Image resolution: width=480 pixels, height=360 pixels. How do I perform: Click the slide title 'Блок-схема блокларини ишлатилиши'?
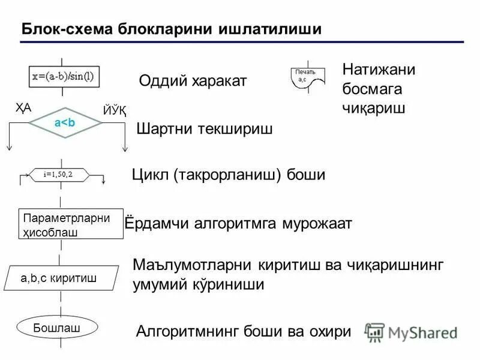(171, 29)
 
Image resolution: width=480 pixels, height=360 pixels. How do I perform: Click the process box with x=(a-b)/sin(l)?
(66, 76)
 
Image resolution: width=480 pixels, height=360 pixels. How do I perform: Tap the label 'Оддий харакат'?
(193, 81)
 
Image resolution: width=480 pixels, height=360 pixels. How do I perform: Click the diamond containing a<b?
(65, 124)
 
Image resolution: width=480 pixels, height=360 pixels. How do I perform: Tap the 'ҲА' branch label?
(23, 108)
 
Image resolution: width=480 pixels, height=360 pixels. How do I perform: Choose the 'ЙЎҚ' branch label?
(115, 110)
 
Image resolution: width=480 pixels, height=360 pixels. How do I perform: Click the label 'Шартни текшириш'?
(205, 128)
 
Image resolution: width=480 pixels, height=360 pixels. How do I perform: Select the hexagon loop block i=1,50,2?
(59, 175)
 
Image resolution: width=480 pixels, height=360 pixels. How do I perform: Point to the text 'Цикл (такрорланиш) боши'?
(228, 175)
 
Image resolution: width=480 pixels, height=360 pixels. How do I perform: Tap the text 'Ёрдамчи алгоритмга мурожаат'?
(238, 224)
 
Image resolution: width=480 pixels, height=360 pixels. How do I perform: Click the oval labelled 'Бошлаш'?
(57, 328)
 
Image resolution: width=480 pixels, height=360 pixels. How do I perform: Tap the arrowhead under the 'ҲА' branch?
(10, 149)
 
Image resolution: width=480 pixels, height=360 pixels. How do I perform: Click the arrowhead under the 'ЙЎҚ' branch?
(124, 149)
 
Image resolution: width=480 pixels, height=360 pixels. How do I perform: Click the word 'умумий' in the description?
(158, 285)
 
